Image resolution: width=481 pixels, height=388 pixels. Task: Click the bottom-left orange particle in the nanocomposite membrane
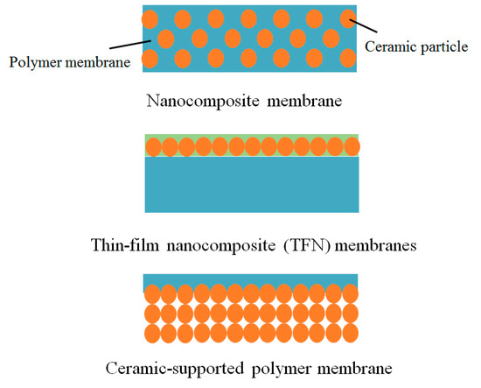[x=150, y=59]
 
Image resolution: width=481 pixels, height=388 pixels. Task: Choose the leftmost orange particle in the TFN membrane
[x=150, y=146]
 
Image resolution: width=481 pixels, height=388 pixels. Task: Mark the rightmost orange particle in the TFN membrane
[x=351, y=146]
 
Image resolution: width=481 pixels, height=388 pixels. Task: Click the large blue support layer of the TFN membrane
[x=251, y=184]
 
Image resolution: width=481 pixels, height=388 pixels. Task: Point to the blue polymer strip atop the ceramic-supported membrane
[x=251, y=279]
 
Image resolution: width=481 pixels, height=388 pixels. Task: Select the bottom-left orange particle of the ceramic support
[x=150, y=334]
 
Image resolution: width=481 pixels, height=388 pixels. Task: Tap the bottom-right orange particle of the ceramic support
[x=350, y=334]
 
